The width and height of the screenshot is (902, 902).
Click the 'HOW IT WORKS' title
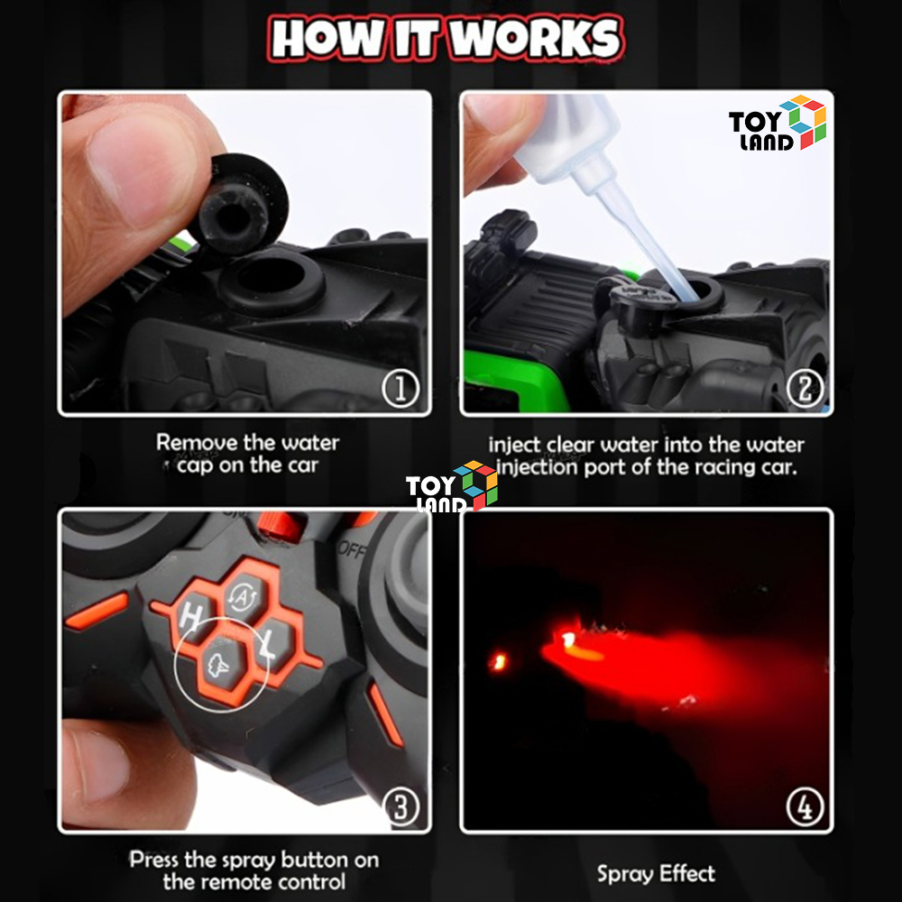[446, 38]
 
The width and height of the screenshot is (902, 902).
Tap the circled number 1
[401, 388]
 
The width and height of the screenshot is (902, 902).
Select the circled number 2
[805, 388]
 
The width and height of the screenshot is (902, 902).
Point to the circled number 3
[401, 806]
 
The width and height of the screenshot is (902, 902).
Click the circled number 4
[805, 806]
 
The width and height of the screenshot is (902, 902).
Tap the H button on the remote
[193, 617]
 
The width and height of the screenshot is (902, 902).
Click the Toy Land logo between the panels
[452, 486]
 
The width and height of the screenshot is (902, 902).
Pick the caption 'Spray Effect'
[656, 874]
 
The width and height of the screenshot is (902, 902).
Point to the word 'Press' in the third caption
[154, 859]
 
